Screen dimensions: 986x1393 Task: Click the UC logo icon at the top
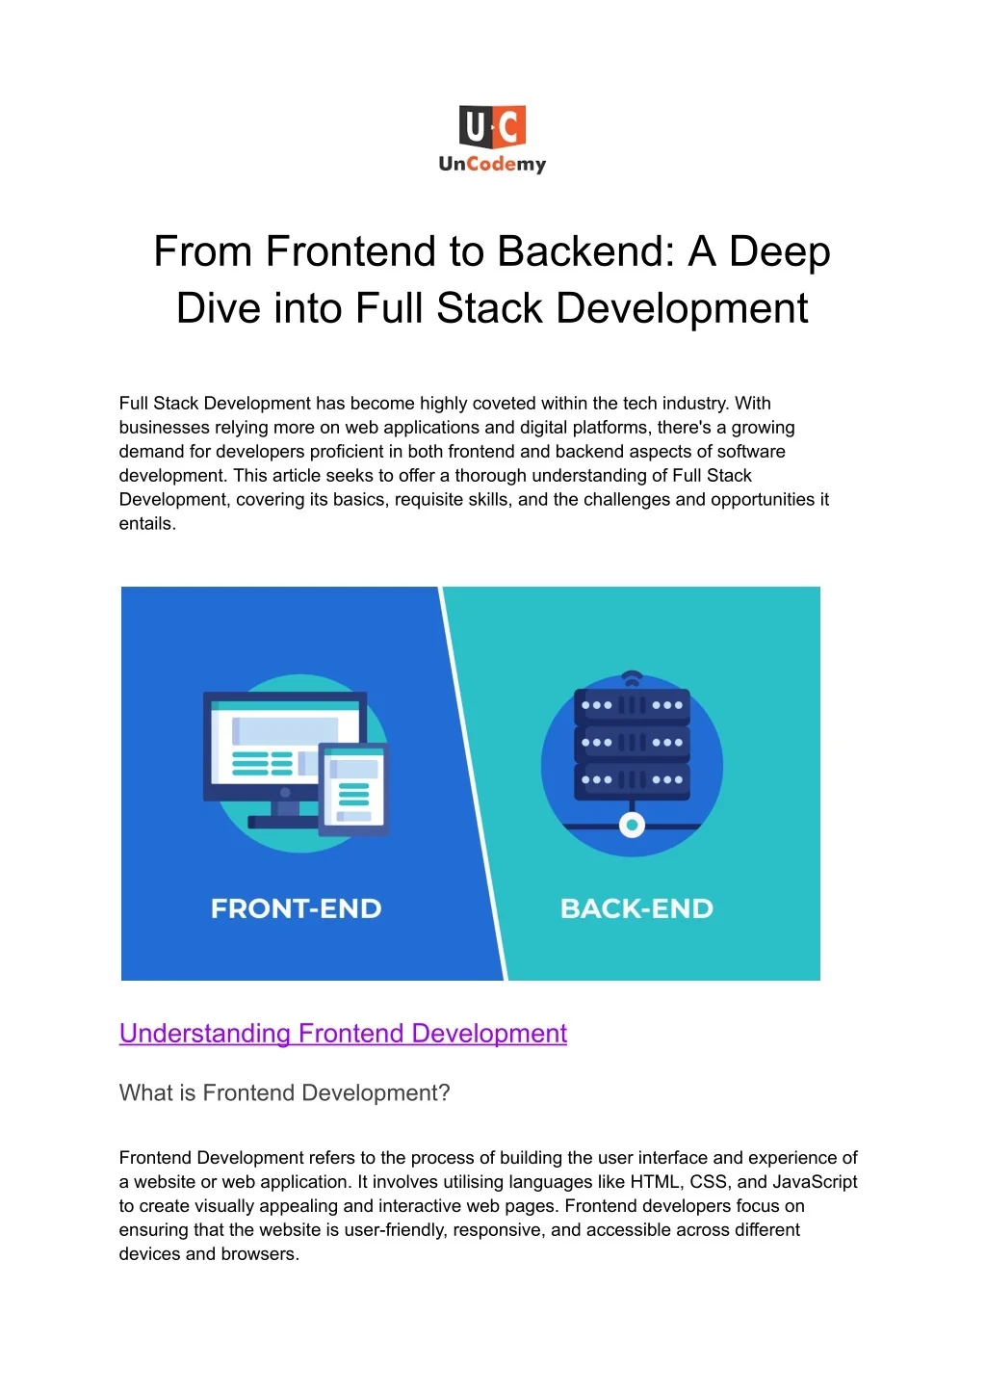pyautogui.click(x=492, y=126)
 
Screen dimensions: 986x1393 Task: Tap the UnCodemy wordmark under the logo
pyautogui.click(x=492, y=164)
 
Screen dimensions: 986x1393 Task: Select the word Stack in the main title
pyautogui.click(x=489, y=308)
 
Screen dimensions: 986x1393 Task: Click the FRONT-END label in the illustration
pyautogui.click(x=296, y=908)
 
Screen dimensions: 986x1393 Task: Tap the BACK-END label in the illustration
pyautogui.click(x=636, y=908)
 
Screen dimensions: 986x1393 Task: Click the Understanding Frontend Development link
pyautogui.click(x=343, y=1033)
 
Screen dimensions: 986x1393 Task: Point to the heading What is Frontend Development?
pyautogui.click(x=284, y=1092)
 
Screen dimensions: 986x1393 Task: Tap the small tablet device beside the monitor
pyautogui.click(x=353, y=790)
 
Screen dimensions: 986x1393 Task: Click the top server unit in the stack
pyautogui.click(x=633, y=706)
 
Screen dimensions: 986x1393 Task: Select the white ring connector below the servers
pyautogui.click(x=633, y=826)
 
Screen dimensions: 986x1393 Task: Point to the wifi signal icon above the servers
pyautogui.click(x=633, y=678)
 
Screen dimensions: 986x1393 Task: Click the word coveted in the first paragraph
pyautogui.click(x=499, y=403)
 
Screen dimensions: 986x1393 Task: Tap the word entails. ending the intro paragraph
pyautogui.click(x=147, y=524)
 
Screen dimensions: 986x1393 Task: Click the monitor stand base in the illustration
pyautogui.click(x=283, y=822)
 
